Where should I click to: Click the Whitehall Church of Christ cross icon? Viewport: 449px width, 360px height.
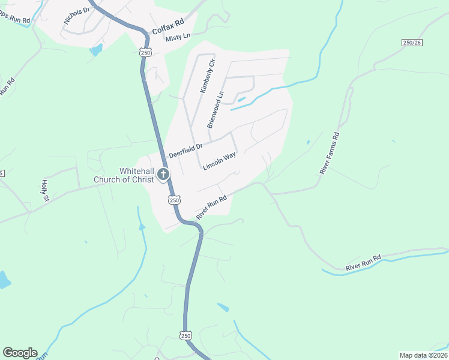coord(163,175)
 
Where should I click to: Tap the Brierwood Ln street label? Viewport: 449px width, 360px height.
coord(215,109)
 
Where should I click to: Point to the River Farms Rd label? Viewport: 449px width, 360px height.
coord(330,153)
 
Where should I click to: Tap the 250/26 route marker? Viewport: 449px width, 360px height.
coord(412,42)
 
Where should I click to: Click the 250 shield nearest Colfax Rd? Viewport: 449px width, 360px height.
coord(145,53)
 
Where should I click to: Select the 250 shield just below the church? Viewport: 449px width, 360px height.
coord(173,200)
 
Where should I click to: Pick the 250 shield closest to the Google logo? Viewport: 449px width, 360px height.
coord(185,335)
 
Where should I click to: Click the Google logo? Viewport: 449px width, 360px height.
coord(20,353)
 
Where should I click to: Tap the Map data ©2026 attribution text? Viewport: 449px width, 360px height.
coord(423,355)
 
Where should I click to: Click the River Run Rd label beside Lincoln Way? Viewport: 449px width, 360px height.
coord(211,206)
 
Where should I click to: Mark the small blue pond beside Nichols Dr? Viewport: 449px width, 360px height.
coord(96,49)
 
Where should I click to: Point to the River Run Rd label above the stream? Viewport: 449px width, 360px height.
coord(363,262)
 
